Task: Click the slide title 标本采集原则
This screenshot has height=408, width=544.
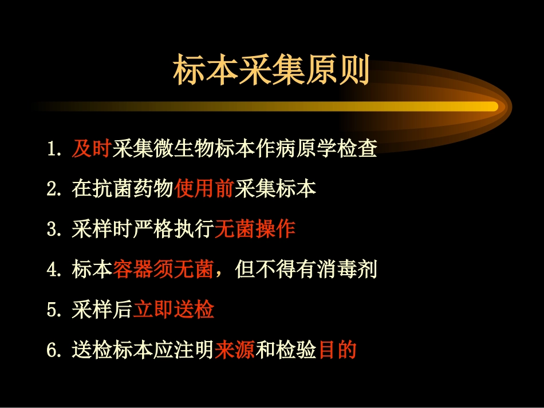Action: coord(271,70)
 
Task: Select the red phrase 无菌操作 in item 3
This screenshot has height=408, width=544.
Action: coord(255,229)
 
